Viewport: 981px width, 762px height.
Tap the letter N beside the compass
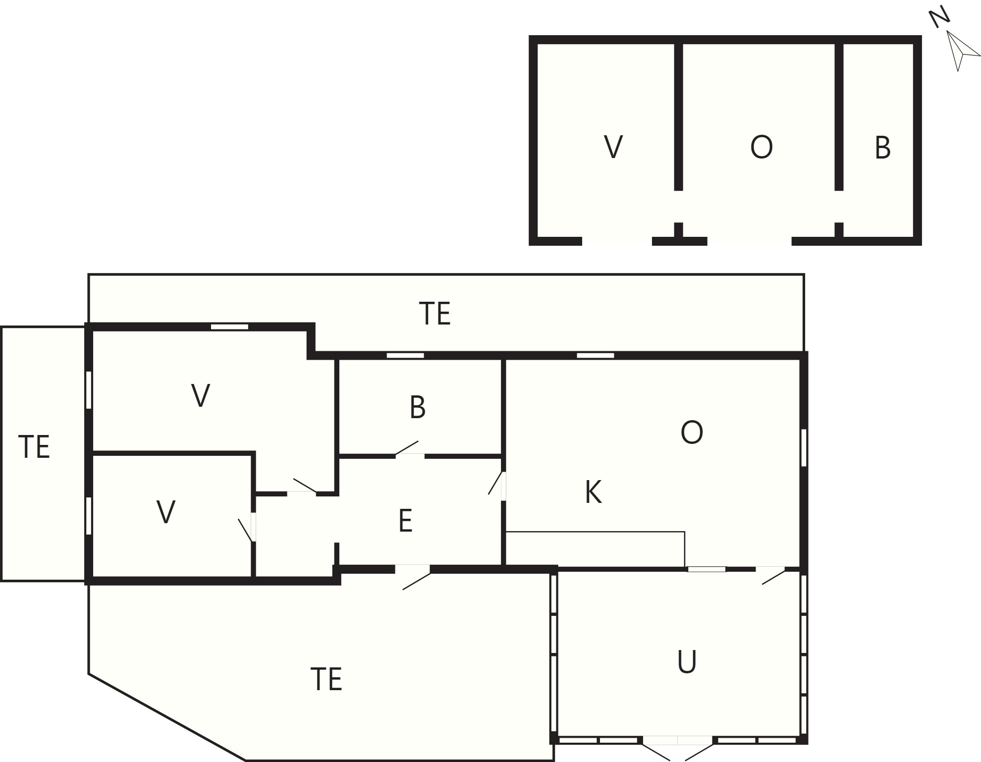(939, 18)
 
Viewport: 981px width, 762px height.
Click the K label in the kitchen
(593, 492)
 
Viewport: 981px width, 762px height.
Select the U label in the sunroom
(687, 662)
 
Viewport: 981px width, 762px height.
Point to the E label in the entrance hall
(405, 521)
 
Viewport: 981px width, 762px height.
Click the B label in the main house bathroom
(418, 407)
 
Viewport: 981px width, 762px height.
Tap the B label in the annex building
(882, 148)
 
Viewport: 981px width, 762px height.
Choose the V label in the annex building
(613, 147)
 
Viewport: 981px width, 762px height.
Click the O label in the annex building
(761, 147)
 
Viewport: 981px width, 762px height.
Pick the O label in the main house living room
(692, 433)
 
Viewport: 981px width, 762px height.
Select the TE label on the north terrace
(435, 313)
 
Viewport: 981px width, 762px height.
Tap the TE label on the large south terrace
(326, 679)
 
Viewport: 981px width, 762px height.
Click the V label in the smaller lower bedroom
(166, 512)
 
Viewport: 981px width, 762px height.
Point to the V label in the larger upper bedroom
(200, 395)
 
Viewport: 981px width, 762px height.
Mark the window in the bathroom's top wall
(405, 355)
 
